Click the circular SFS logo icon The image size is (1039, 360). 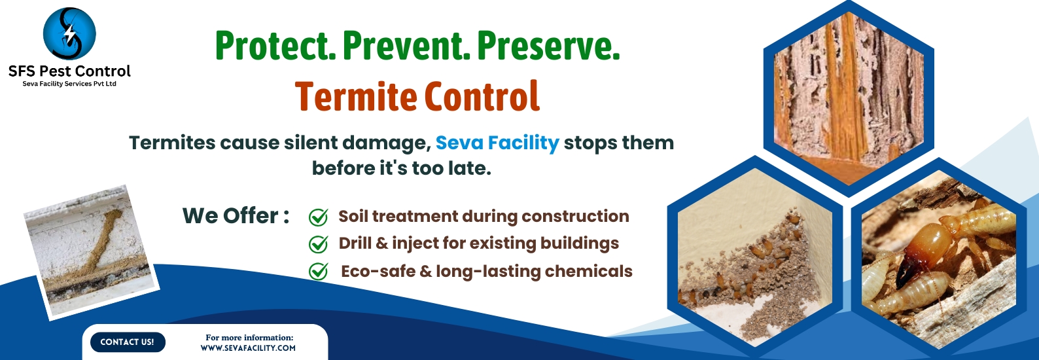coord(69,33)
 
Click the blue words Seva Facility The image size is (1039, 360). coord(497,143)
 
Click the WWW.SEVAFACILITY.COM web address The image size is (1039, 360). coord(248,348)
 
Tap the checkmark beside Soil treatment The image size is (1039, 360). coord(318,217)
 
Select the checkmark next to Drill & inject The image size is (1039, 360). coord(318,244)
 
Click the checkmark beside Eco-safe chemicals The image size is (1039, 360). coord(318,272)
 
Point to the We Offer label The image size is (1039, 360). coord(236,216)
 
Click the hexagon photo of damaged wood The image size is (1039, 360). coord(849,98)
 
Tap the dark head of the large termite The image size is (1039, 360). coord(906,272)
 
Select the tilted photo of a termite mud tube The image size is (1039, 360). coord(92,253)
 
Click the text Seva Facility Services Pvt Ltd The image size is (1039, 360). coord(69,84)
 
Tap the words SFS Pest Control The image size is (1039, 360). coord(69,71)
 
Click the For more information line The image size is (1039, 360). coord(249,338)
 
